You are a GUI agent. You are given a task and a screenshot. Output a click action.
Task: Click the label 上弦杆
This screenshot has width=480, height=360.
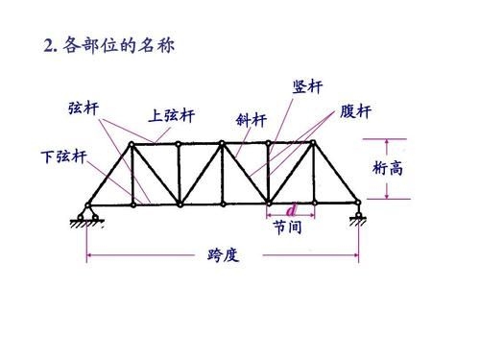tap(172, 116)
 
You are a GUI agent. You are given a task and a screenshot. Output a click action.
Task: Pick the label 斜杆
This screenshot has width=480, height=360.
tap(251, 120)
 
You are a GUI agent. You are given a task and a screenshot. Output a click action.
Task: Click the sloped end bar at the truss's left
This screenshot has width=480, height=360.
tap(108, 174)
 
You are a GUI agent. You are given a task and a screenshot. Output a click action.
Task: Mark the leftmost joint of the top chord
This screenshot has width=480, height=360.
tap(132, 144)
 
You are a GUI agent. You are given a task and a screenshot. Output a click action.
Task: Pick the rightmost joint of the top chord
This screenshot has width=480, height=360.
tap(311, 144)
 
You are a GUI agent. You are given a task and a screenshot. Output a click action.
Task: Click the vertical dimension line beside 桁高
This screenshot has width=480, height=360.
tap(388, 171)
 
